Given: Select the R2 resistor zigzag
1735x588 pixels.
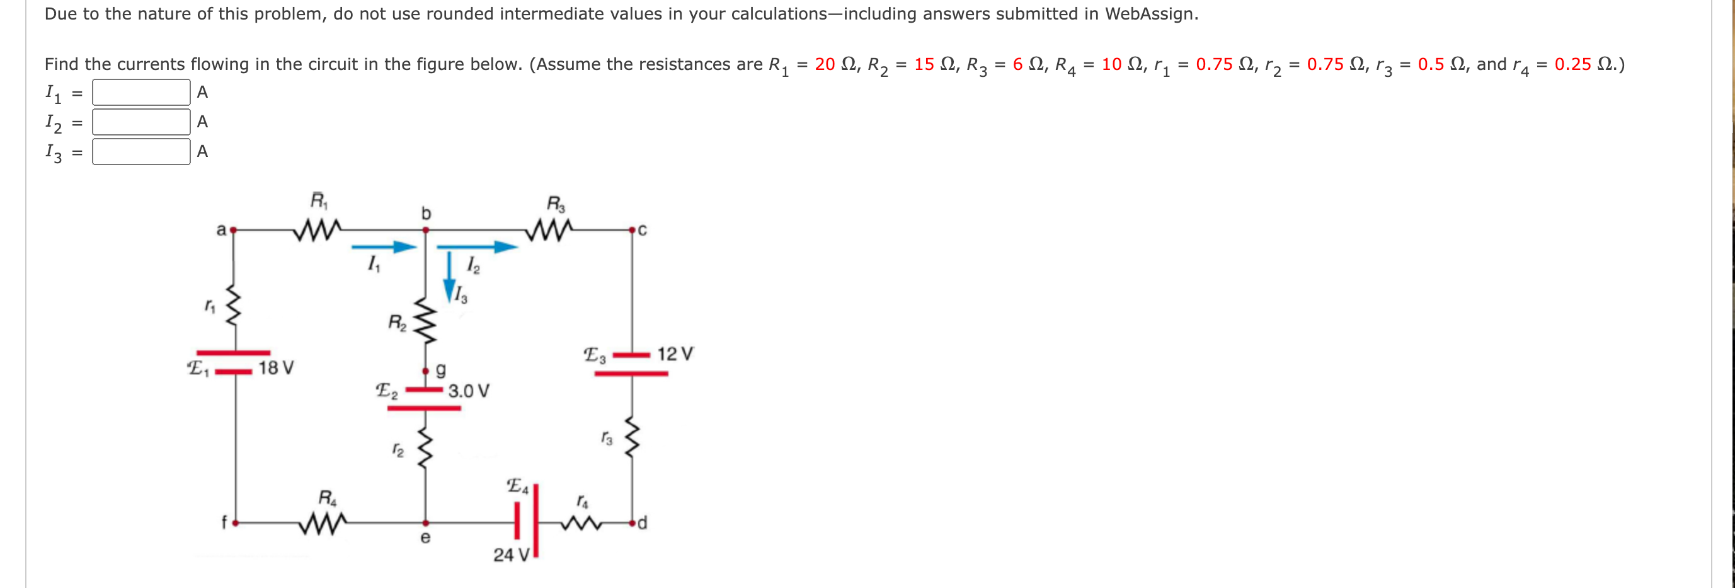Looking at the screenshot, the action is tap(425, 321).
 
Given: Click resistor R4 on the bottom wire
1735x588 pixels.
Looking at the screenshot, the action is tap(324, 522).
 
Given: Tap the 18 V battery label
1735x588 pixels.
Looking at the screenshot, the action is tap(276, 368).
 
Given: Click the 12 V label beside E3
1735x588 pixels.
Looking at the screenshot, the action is tap(675, 354).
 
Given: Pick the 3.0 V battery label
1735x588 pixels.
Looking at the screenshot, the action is tap(469, 391).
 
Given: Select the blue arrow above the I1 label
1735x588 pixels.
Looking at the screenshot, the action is tap(384, 246).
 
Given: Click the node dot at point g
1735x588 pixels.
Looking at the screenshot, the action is tap(425, 371).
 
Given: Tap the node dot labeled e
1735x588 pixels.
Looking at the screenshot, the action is tap(425, 522).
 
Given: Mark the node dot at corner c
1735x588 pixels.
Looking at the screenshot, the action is tap(632, 231).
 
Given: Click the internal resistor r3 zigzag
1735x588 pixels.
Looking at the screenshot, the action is tap(632, 437).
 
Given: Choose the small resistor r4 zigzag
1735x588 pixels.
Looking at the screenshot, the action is tap(581, 522).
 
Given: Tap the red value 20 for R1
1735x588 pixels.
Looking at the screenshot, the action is tap(825, 64).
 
